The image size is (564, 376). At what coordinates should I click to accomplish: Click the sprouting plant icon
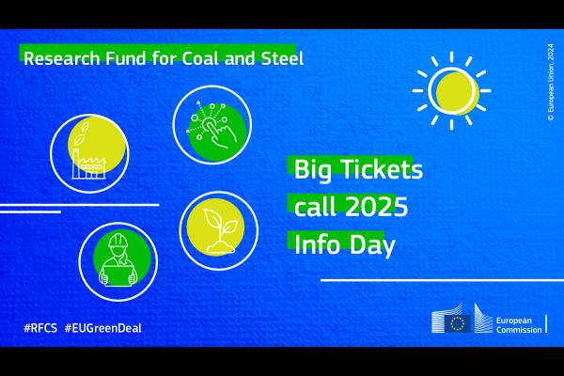217,230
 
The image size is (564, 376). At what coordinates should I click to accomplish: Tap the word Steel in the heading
282,57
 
